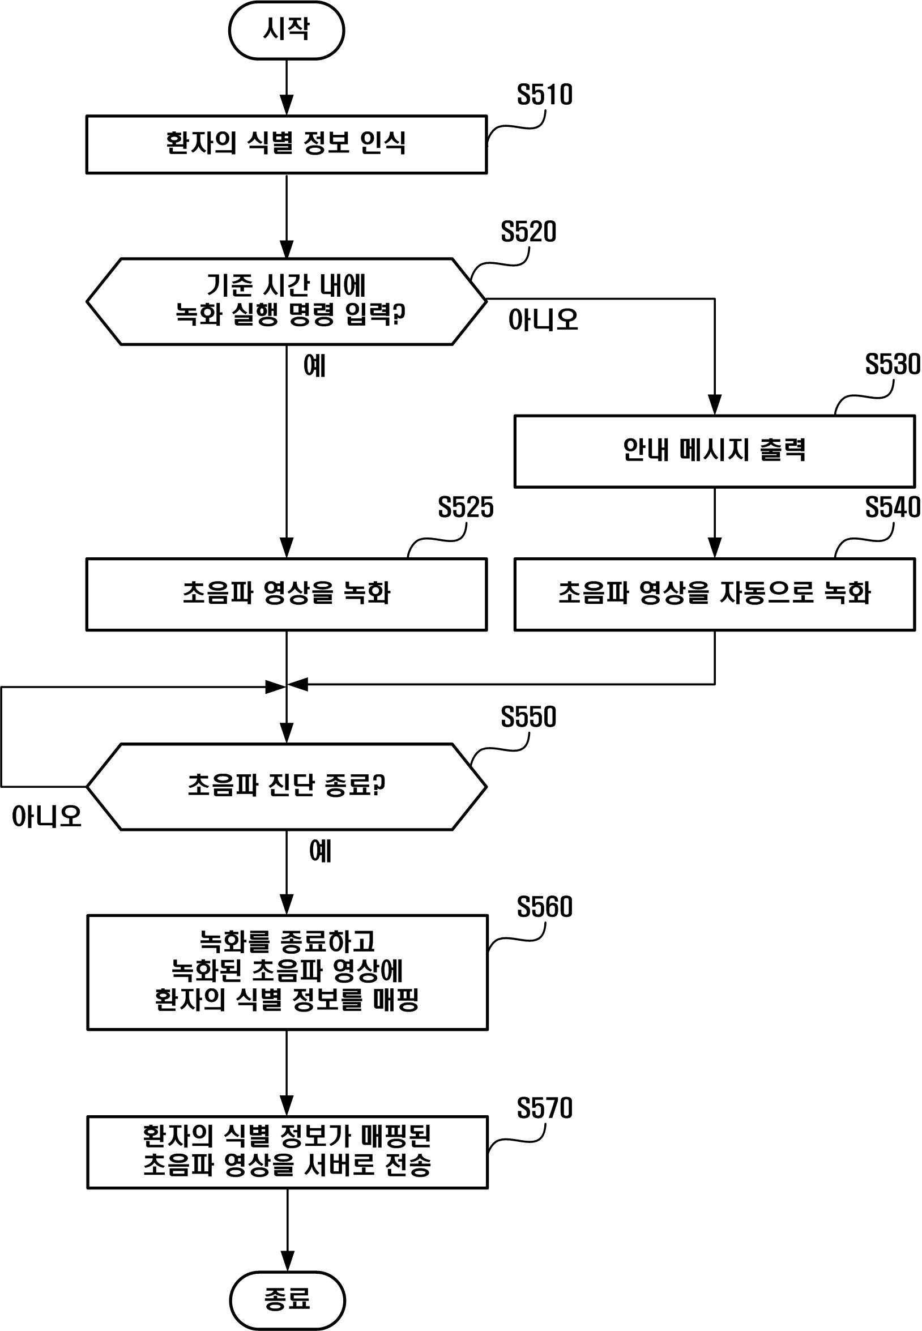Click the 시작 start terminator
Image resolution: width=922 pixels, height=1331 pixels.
pos(287,30)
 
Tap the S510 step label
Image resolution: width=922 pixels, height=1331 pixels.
pos(544,95)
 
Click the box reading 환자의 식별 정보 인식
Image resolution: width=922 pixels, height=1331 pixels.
pos(286,144)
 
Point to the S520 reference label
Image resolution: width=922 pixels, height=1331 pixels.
pos(528,232)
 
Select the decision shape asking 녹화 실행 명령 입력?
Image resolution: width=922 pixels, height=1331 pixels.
pos(286,301)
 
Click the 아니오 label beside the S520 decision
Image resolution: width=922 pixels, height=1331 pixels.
pos(543,319)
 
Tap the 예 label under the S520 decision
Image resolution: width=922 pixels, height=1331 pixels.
pos(315,366)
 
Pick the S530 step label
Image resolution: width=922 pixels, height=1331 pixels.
pos(891,365)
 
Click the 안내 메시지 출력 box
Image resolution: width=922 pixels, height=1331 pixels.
pos(714,451)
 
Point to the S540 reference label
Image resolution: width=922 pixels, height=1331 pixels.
pos(891,507)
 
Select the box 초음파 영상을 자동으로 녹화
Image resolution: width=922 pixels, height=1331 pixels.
pos(714,594)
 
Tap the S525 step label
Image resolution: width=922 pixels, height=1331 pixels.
pos(466,507)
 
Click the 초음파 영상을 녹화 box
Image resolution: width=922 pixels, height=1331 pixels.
pos(286,594)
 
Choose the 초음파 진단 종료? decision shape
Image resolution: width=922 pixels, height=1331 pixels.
pos(286,786)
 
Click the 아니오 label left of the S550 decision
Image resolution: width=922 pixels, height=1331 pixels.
pos(47,816)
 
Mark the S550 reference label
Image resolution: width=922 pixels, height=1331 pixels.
pos(528,717)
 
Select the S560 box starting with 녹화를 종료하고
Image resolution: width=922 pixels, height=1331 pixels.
pos(287,972)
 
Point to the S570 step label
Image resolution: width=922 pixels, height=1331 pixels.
pos(544,1108)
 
